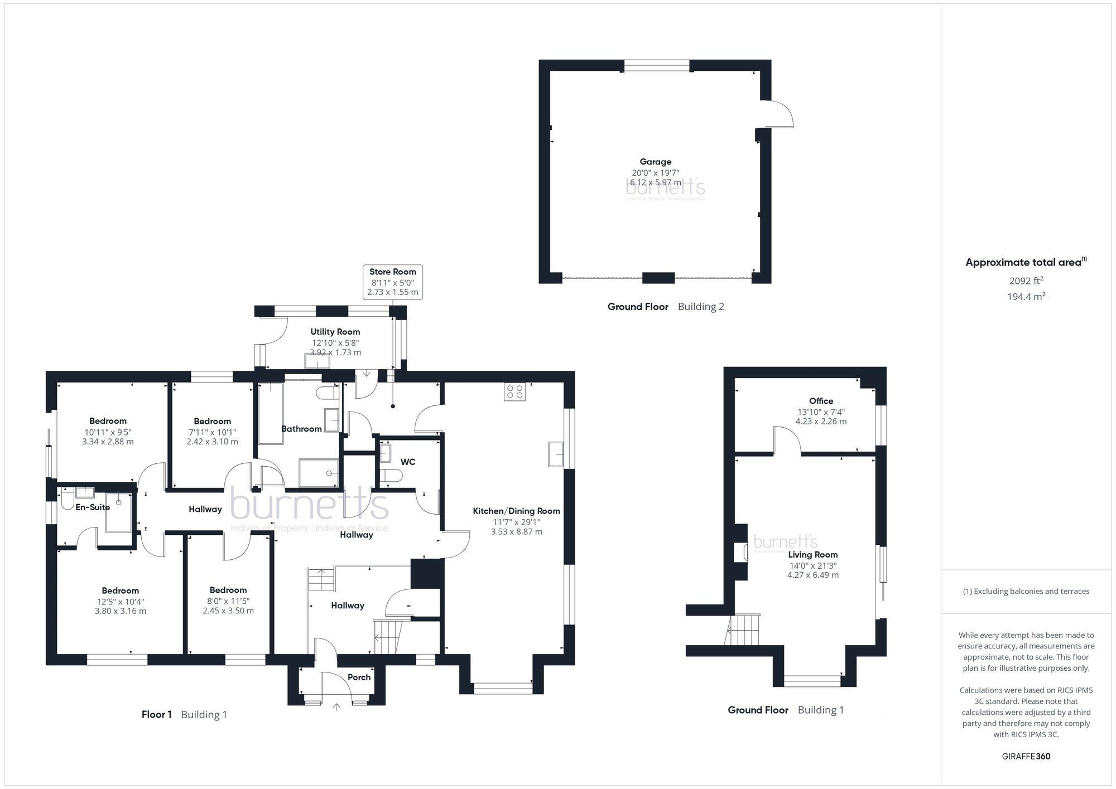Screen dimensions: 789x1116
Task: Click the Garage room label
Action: coord(655,162)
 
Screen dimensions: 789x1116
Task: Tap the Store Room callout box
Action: coord(392,282)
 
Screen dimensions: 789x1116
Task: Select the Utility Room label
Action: coord(335,332)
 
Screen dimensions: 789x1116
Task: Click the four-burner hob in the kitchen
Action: coord(514,392)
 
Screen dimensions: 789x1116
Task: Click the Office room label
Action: coord(821,401)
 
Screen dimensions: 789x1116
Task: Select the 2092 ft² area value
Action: coord(1026,281)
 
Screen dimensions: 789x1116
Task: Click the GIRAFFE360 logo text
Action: coord(1026,756)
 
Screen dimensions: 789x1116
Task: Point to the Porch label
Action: coord(359,677)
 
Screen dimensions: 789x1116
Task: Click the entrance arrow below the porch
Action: coord(336,708)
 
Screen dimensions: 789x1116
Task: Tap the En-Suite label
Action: coord(93,507)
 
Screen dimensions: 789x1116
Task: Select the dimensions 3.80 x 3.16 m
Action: coord(120,611)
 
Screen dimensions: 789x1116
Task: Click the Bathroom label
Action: coord(301,429)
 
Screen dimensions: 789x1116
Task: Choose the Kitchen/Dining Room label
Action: coord(516,511)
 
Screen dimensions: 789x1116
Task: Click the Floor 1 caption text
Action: coord(157,714)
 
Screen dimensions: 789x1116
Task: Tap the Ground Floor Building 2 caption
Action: coord(665,306)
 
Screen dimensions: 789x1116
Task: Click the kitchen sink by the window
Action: coord(556,454)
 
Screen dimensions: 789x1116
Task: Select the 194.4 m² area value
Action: coord(1026,297)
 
